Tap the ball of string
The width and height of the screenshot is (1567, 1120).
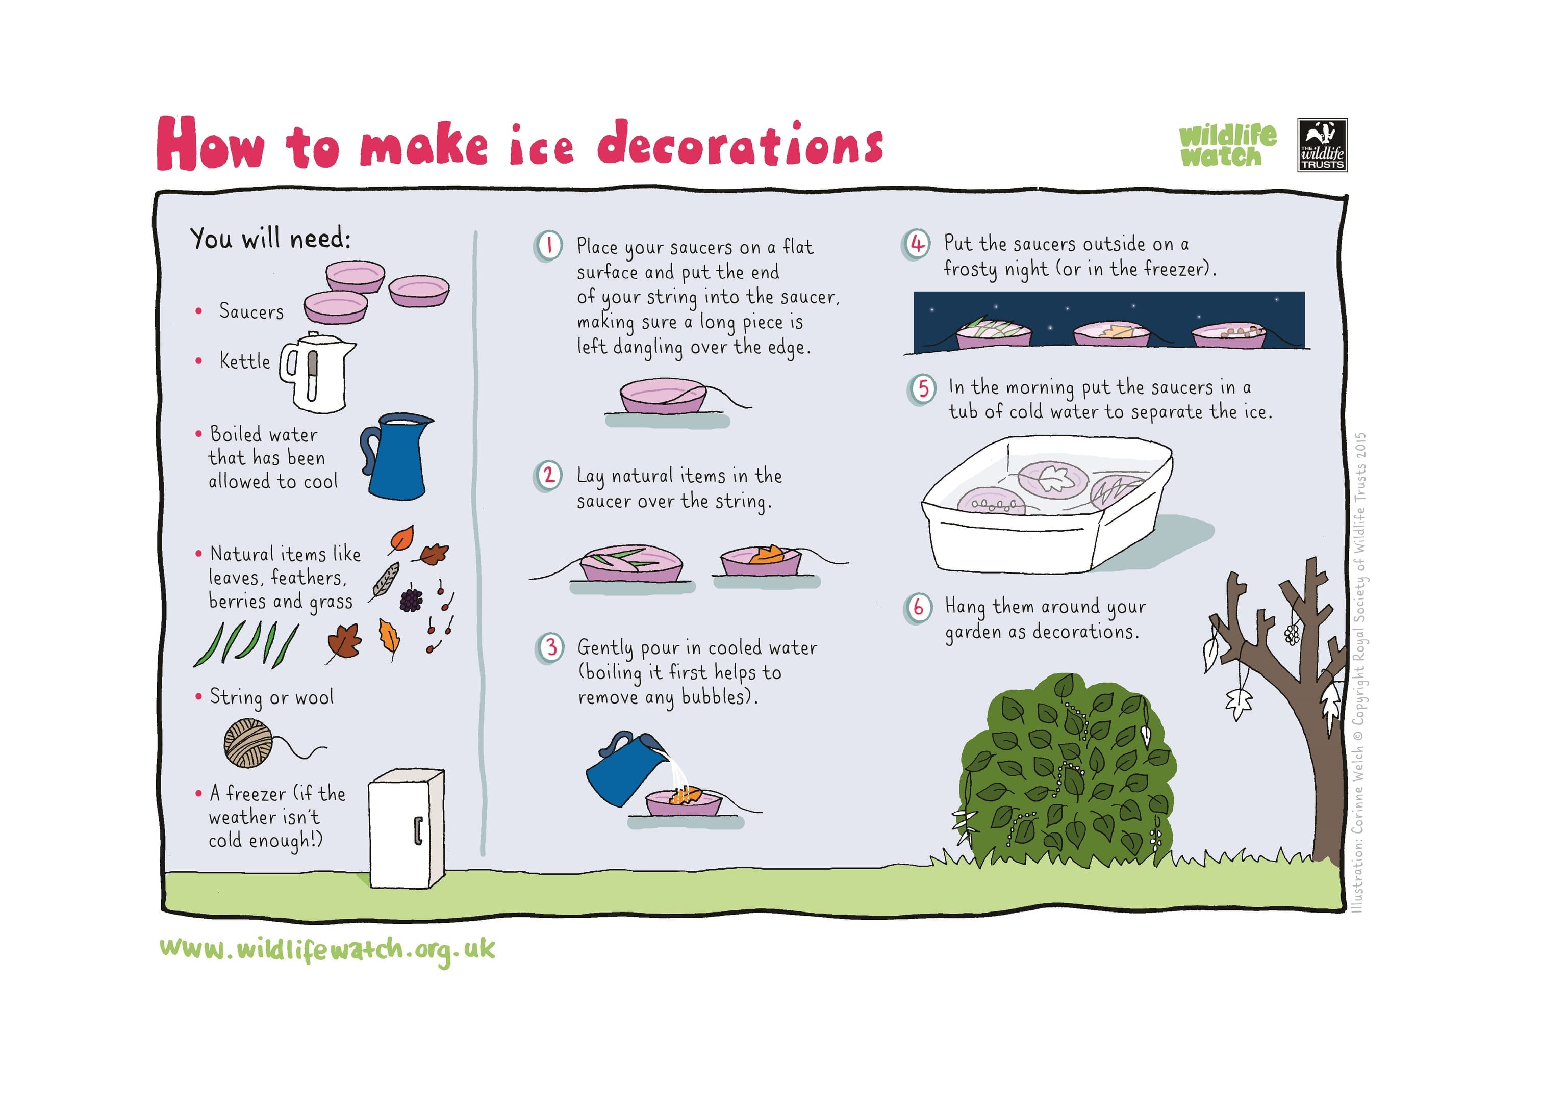[x=248, y=743]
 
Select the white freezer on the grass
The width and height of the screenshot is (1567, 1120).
[x=407, y=828]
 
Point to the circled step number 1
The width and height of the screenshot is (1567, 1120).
[x=548, y=246]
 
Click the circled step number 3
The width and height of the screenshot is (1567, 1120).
[x=550, y=647]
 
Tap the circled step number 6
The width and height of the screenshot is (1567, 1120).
[x=918, y=608]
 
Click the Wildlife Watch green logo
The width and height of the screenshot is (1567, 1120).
[x=1227, y=145]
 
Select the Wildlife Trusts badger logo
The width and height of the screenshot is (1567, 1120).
[x=1322, y=145]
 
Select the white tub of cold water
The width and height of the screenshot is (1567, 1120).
[x=1047, y=504]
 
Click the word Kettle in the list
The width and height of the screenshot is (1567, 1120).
[x=245, y=361]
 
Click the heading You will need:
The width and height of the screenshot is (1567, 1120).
[x=270, y=238]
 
